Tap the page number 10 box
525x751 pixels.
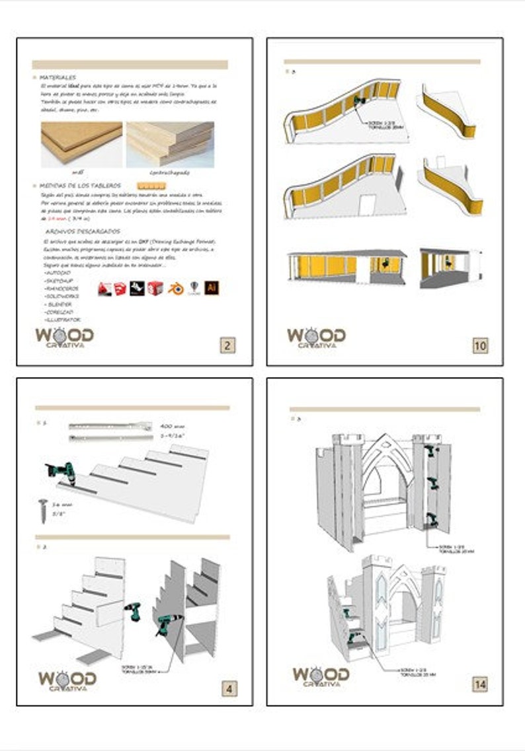coord(480,344)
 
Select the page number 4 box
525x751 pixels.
coord(228,689)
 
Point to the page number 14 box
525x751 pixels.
coord(480,684)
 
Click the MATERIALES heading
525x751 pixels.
coord(58,77)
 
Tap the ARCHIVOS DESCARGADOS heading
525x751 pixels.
coord(83,232)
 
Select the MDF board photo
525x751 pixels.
coord(81,143)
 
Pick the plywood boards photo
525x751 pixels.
coord(170,143)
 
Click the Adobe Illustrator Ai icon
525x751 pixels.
coord(212,287)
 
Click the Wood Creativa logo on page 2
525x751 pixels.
coord(64,336)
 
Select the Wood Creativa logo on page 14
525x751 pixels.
coord(321,678)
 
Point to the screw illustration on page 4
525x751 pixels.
coord(44,511)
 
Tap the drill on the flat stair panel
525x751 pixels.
coord(58,472)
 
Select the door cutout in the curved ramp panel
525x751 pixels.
coord(368,202)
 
